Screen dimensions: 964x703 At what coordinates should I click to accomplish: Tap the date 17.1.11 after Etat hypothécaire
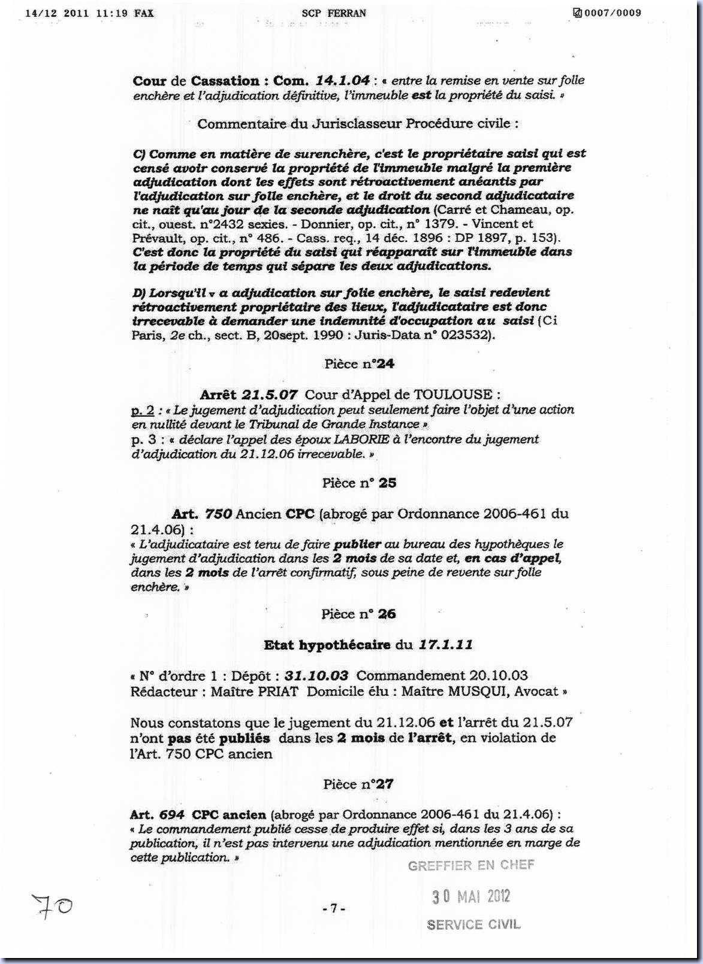click(445, 645)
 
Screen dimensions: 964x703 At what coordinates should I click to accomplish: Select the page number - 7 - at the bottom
click(334, 908)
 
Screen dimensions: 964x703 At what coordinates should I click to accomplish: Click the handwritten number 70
click(53, 905)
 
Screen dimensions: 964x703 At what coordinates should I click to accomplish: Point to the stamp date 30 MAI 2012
click(471, 896)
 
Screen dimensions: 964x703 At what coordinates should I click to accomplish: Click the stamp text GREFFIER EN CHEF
click(471, 865)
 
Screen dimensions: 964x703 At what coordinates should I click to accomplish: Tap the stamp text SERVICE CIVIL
click(473, 924)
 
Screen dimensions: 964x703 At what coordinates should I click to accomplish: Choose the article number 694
click(172, 815)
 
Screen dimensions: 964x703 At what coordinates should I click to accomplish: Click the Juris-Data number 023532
click(468, 335)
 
